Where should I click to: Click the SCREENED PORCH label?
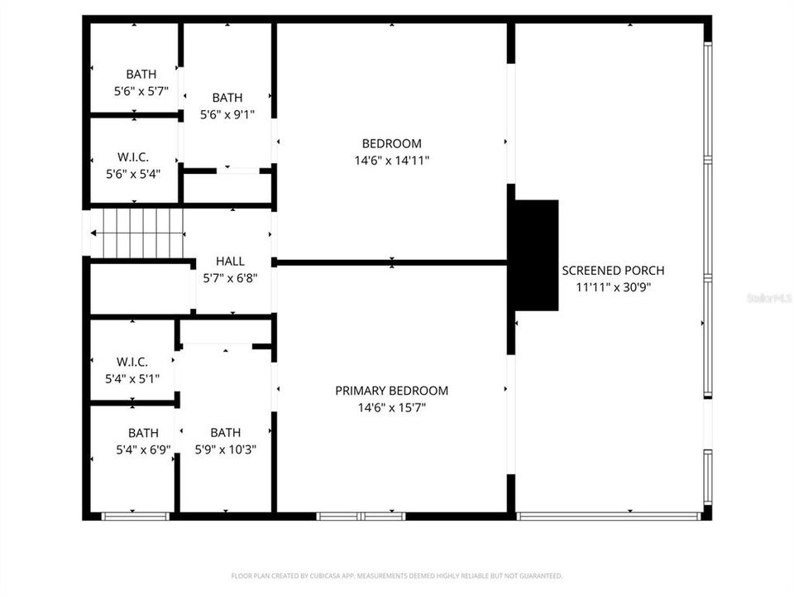[x=613, y=270]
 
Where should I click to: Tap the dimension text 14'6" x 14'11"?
[x=392, y=160]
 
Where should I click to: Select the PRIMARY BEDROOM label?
[x=392, y=391]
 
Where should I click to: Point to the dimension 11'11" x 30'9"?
[x=613, y=286]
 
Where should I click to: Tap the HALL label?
[x=230, y=262]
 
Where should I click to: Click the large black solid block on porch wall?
[x=536, y=255]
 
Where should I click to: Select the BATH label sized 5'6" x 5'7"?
[x=141, y=74]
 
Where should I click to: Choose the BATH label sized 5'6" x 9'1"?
[x=227, y=98]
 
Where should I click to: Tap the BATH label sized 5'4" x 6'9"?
[x=143, y=433]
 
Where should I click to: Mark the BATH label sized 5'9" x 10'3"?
[x=226, y=433]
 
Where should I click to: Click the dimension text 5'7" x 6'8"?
[x=230, y=278]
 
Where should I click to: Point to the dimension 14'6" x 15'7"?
[x=392, y=407]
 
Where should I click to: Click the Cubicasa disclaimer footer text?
[x=396, y=575]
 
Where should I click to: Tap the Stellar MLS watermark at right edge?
[x=769, y=296]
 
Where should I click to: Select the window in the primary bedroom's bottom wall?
[x=361, y=516]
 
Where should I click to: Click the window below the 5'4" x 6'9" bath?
[x=135, y=516]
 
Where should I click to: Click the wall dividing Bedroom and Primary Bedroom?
[x=391, y=262]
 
